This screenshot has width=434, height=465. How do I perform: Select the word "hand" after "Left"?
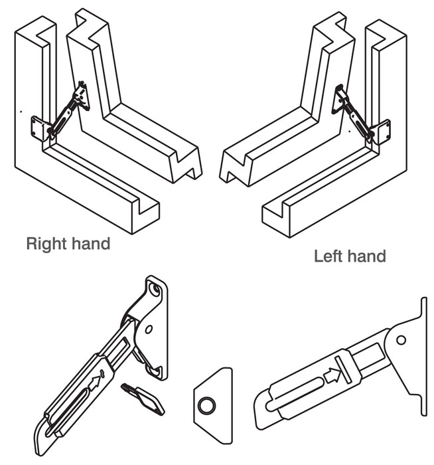(x=368, y=256)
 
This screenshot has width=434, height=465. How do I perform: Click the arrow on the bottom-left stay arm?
(x=99, y=381)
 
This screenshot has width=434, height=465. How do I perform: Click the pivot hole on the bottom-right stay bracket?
(x=400, y=340)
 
